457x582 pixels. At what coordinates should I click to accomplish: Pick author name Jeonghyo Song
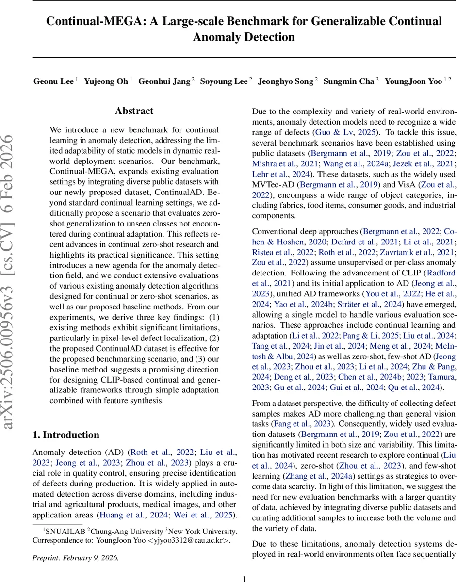click(285, 81)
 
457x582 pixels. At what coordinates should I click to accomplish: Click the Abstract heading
click(134, 111)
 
